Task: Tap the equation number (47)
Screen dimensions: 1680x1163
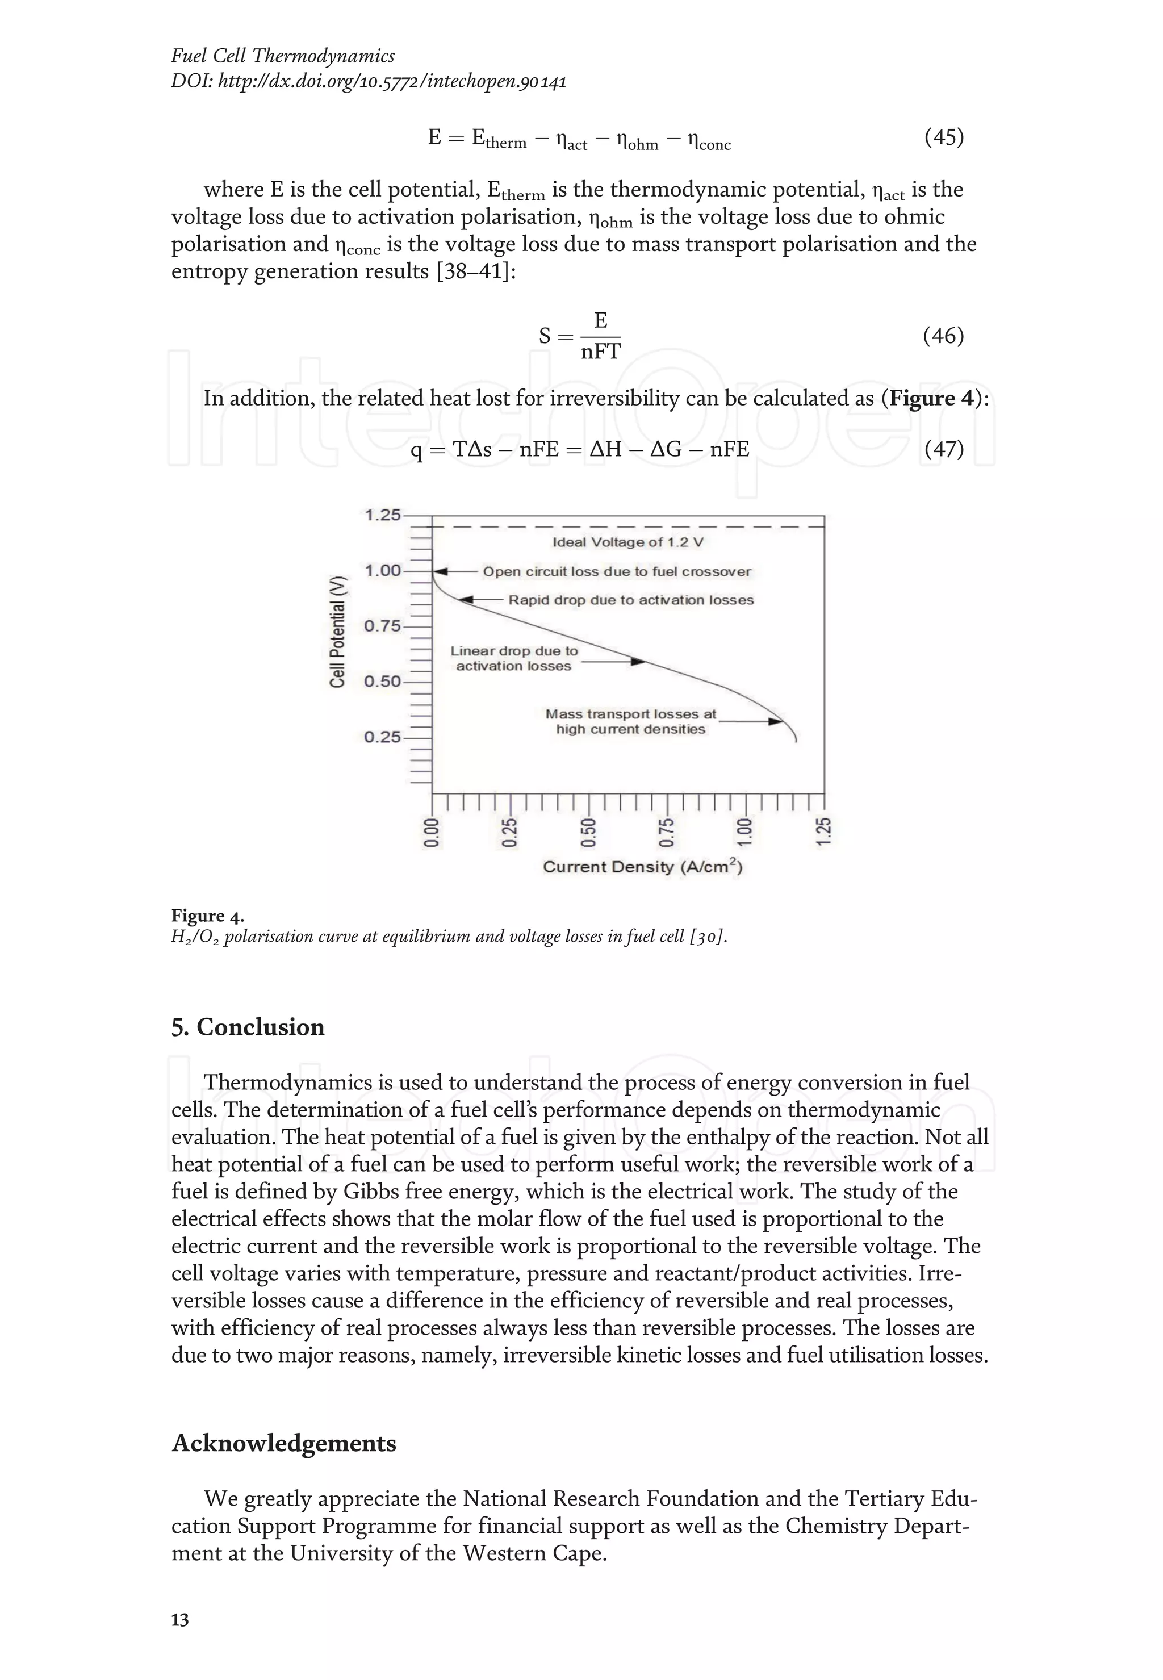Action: (x=944, y=449)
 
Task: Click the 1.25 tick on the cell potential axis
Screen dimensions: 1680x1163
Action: (x=383, y=515)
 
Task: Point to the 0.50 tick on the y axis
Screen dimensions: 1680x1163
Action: (x=383, y=682)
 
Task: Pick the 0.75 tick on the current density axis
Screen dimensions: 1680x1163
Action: (x=666, y=833)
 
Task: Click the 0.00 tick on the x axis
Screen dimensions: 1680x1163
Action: (x=432, y=833)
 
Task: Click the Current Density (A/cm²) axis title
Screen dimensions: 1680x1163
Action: (x=642, y=867)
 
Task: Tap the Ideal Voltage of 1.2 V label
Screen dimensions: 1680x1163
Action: (x=627, y=542)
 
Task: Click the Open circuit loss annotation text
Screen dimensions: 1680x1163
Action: (x=617, y=571)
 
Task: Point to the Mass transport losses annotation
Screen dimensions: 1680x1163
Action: (x=631, y=721)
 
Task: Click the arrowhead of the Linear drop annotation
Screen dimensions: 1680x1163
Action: (x=638, y=661)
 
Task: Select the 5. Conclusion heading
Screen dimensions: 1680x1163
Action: (x=248, y=1027)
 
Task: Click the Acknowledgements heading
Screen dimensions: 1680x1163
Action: (x=283, y=1443)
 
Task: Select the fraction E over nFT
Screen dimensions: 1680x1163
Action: (x=600, y=337)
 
